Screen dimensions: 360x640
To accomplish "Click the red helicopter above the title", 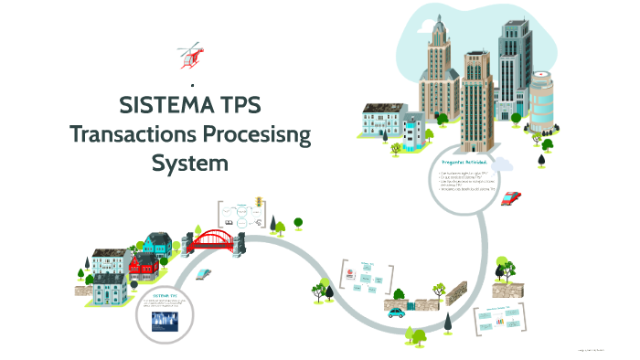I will coord(190,55).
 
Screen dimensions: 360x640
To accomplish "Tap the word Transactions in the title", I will coord(138,135).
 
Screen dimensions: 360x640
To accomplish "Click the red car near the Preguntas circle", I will coord(511,198).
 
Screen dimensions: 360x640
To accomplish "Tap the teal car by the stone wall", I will coord(396,312).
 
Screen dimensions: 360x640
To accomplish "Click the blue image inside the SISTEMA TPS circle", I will coord(165,321).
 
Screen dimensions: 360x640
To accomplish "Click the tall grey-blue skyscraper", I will coord(512,69).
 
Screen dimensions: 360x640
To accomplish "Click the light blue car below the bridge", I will coord(206,273).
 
